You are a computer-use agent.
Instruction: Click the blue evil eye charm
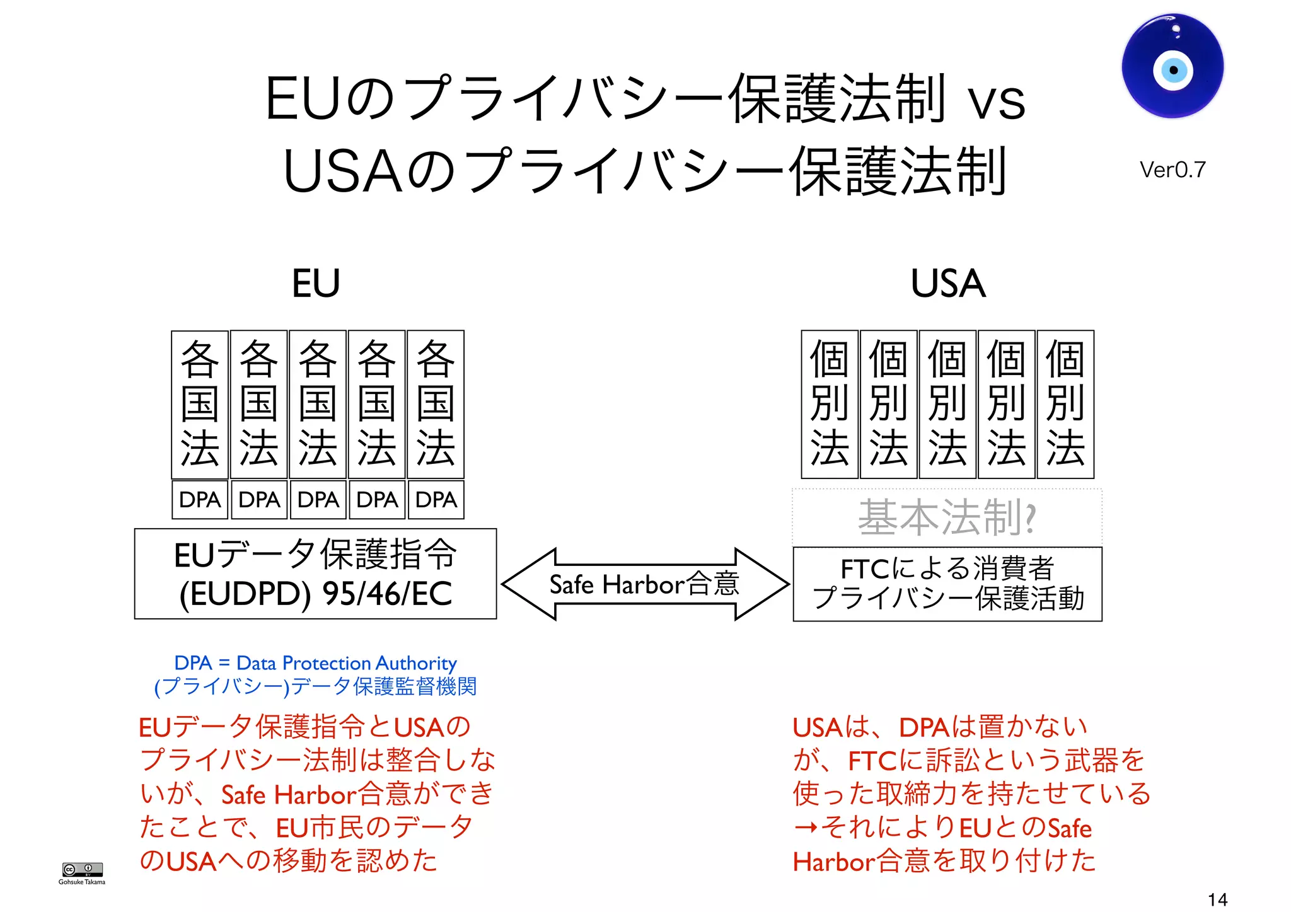1172,66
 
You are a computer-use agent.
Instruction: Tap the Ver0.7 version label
1172,170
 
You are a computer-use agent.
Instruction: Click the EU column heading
316,283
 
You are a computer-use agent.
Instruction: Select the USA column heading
947,283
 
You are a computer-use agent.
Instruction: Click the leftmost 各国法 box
200,404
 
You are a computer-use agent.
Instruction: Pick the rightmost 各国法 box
436,404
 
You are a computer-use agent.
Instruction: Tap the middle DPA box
318,500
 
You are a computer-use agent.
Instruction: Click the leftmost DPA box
200,500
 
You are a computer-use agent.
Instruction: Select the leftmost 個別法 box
829,404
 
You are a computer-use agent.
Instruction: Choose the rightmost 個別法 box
1065,404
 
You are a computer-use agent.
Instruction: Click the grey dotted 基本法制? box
947,517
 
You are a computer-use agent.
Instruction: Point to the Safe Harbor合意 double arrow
644,584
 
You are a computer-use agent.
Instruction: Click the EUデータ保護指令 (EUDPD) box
315,574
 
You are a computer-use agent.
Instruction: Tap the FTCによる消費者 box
947,584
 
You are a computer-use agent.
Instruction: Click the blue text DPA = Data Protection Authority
315,663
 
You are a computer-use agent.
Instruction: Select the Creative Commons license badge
82,869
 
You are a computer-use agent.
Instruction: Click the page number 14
1217,899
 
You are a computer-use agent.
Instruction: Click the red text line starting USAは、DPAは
939,727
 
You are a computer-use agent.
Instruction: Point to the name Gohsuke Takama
82,882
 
